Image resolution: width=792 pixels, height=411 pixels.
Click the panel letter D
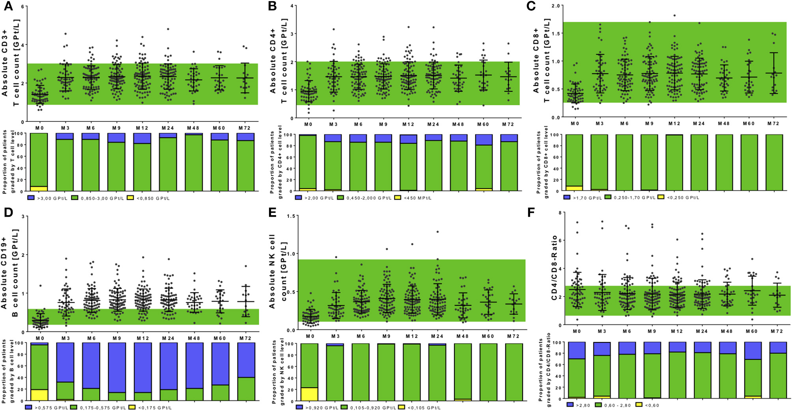tap(8, 213)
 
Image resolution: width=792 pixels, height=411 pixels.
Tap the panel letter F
tap(531, 213)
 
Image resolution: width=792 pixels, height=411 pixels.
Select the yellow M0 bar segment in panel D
tap(39, 395)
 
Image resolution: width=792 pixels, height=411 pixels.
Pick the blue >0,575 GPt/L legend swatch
tap(28, 407)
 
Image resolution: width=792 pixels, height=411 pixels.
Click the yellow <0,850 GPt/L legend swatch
tap(130, 198)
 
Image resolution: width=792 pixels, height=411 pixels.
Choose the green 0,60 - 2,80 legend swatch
tap(598, 405)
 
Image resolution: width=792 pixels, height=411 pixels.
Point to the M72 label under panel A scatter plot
tap(245, 128)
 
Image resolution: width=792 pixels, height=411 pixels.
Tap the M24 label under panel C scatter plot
tap(699, 124)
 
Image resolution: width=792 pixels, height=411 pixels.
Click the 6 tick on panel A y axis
tap(22, 7)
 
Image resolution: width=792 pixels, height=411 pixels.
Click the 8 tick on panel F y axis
tap(560, 213)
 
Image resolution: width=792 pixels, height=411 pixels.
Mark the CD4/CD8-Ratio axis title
tap(554, 268)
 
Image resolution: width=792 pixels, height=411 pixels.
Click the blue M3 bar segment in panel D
tap(65, 362)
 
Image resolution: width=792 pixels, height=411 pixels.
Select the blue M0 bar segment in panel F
tap(576, 350)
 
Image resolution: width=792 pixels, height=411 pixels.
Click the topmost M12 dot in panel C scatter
tap(674, 16)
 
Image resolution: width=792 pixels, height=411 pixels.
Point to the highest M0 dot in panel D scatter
tap(40, 286)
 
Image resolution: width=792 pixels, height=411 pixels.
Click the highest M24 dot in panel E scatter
tap(437, 232)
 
